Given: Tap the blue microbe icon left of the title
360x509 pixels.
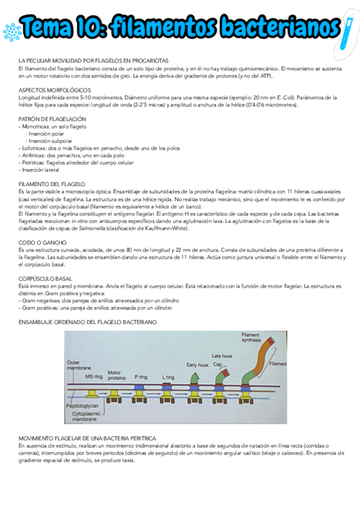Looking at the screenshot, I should click(11, 31).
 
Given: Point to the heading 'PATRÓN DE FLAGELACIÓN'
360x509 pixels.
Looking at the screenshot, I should click(52, 119).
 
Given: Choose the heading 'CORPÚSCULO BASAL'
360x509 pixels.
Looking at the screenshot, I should click(46, 279).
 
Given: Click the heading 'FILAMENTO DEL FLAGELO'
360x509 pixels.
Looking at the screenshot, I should click(52, 184).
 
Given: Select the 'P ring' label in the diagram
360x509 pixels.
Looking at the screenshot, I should click(141, 376).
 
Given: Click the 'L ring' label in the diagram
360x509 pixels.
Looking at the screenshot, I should click(169, 376).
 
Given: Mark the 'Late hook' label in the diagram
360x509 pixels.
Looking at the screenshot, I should click(221, 355).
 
